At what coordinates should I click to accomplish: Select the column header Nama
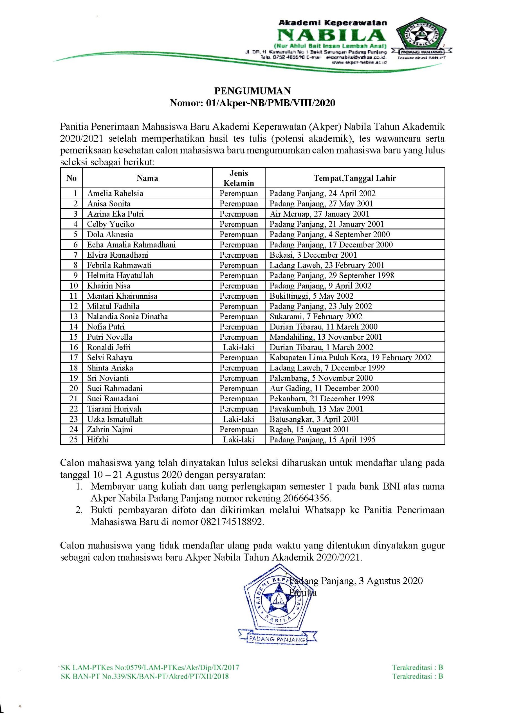coord(147,178)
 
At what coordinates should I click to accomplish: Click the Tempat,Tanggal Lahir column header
coord(354,178)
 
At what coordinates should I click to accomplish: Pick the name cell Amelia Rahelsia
coord(115,193)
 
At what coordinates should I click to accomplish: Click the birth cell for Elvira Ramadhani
coord(313,255)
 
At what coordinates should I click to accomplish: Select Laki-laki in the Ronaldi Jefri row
coord(238,347)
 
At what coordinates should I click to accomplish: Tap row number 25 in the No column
coord(73,440)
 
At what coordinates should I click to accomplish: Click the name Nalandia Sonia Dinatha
coord(127,316)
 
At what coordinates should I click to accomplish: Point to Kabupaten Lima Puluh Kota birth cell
coord(350,357)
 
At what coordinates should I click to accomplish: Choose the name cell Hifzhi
coord(98,440)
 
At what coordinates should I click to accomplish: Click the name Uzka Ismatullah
coord(115,419)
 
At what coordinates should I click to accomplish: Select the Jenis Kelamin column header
coord(238,178)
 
